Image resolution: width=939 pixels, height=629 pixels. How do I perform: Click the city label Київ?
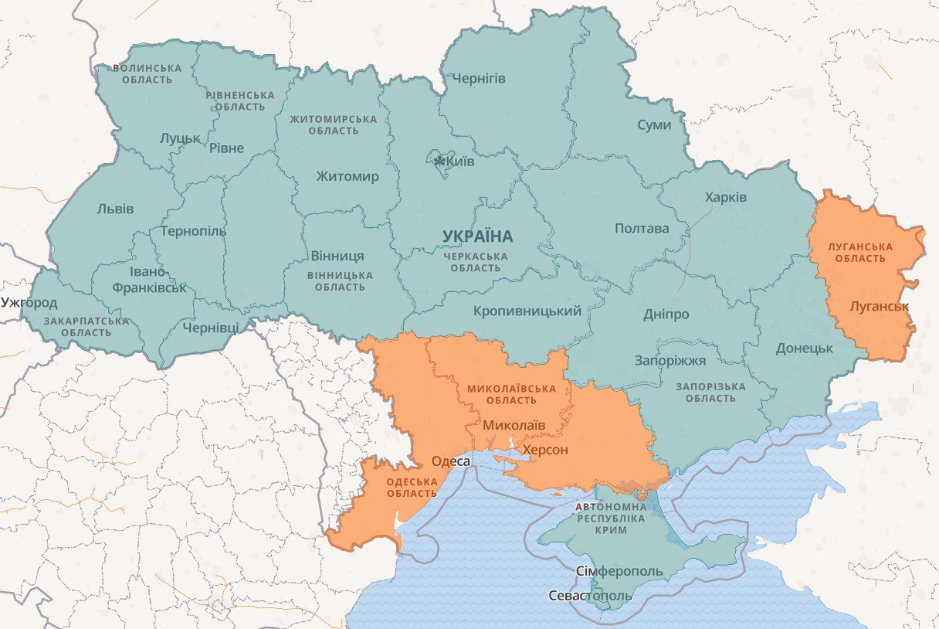click(462, 161)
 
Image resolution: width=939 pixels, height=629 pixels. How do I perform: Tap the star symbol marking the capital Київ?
click(439, 161)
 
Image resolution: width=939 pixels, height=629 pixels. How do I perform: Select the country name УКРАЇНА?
click(477, 236)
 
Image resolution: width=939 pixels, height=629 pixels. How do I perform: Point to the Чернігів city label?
click(479, 79)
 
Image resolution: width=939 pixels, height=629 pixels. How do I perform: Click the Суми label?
click(654, 125)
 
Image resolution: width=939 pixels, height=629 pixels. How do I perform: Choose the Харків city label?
click(725, 197)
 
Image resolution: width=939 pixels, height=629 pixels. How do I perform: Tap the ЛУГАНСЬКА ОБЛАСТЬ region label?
click(859, 253)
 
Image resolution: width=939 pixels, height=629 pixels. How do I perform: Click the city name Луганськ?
click(879, 306)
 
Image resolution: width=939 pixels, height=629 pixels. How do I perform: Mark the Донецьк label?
click(805, 348)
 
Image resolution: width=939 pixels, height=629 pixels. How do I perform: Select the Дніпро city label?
click(666, 314)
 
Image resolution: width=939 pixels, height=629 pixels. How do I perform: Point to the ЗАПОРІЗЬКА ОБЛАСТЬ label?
click(710, 393)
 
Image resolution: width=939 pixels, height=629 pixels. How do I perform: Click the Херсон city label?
click(545, 450)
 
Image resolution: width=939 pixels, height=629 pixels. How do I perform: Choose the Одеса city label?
click(450, 461)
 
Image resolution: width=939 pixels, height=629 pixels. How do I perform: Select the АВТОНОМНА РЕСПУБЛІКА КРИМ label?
click(611, 518)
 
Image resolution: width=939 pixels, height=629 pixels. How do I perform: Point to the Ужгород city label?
click(29, 302)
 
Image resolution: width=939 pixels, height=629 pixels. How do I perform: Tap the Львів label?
click(115, 209)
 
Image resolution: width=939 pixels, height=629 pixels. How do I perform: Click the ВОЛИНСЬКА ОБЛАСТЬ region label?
click(147, 74)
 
